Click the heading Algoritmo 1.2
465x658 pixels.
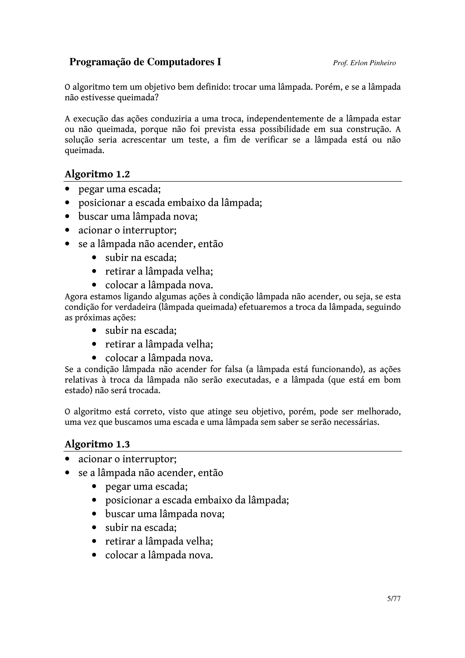[97, 174]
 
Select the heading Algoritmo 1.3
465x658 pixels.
[97, 444]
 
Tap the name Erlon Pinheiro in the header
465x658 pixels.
[373, 63]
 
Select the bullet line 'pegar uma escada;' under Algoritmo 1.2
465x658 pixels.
[119, 189]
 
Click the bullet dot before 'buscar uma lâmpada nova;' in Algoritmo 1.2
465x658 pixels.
[67, 216]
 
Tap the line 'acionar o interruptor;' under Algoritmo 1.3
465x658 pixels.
[127, 459]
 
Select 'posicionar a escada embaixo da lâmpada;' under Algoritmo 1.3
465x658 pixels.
[197, 500]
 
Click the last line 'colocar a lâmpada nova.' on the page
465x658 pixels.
[159, 555]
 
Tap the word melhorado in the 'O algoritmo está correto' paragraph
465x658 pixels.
[378, 412]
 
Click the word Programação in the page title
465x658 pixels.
[100, 62]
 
